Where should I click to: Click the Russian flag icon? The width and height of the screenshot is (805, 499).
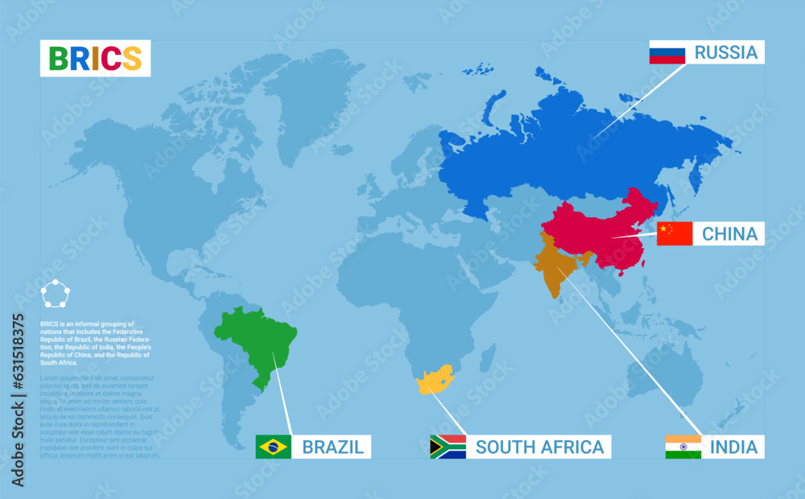(x=667, y=53)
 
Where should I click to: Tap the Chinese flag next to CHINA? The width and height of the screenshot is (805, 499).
(x=675, y=233)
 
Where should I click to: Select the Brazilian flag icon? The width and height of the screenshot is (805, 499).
(x=273, y=447)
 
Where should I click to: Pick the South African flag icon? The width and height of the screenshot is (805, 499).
(x=448, y=447)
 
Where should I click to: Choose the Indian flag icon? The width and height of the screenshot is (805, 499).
(x=683, y=447)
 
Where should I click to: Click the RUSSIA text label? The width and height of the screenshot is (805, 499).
(x=726, y=53)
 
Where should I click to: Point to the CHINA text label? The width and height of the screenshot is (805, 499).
(x=729, y=233)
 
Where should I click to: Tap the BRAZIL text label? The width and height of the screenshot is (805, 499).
(x=332, y=447)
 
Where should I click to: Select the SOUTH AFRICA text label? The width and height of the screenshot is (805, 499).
(x=539, y=447)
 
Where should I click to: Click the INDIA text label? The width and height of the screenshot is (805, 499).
(x=733, y=447)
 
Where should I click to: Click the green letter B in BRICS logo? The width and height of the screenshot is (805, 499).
(x=58, y=58)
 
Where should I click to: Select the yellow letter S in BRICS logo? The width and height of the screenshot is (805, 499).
(x=132, y=58)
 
